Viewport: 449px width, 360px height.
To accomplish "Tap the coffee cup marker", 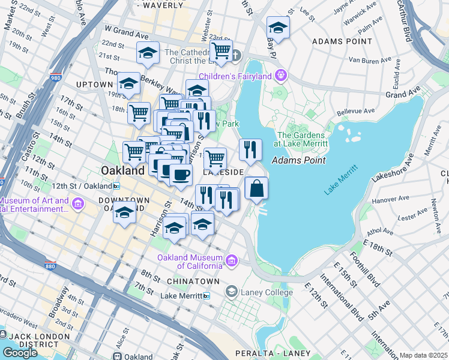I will (x=180, y=175).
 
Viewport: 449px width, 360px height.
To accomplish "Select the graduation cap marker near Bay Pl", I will (x=278, y=27).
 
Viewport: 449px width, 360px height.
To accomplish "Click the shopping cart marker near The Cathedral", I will (x=221, y=51).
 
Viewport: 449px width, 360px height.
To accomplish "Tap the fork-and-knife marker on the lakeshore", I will (x=250, y=149).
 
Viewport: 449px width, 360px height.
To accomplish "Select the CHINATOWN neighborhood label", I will (x=188, y=281).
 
